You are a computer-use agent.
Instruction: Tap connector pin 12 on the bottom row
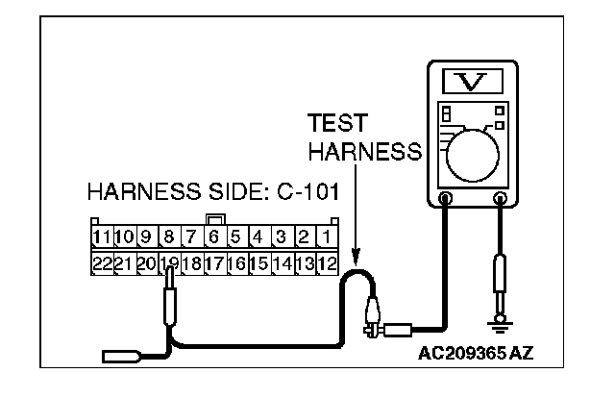pyautogui.click(x=327, y=261)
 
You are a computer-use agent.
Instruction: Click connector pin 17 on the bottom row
pyautogui.click(x=214, y=261)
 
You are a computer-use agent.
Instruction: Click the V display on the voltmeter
pyautogui.click(x=472, y=79)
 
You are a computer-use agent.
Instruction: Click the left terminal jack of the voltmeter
pyautogui.click(x=446, y=200)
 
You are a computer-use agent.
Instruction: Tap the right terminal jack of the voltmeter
pyautogui.click(x=500, y=200)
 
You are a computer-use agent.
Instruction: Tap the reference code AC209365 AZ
pyautogui.click(x=476, y=353)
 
